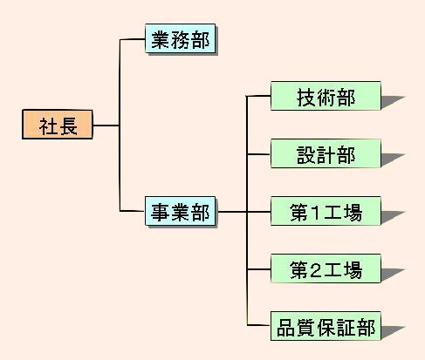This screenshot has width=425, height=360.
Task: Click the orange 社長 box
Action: (58, 125)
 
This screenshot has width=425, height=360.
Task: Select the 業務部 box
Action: (181, 38)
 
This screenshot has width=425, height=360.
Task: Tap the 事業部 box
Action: (181, 211)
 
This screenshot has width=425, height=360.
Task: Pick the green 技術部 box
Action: (326, 96)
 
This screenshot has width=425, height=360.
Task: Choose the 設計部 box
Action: (326, 153)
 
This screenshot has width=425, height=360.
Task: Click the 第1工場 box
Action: (326, 211)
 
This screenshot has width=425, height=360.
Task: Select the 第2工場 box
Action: (326, 268)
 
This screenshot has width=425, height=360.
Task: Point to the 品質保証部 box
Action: (326, 326)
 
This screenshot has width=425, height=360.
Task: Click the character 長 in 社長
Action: (68, 126)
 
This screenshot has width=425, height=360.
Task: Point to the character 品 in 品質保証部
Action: (286, 328)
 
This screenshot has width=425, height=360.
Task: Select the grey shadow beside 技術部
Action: (391, 101)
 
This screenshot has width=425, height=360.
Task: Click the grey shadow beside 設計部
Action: (391, 159)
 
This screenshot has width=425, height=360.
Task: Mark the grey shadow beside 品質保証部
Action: (391, 331)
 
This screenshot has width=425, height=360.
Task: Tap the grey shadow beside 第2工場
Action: (391, 274)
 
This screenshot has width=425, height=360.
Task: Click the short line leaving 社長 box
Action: (106, 126)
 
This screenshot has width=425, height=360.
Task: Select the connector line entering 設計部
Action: (258, 154)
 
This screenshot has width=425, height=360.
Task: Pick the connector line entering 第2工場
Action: (258, 269)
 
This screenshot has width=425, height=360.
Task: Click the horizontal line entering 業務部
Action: (133, 39)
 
